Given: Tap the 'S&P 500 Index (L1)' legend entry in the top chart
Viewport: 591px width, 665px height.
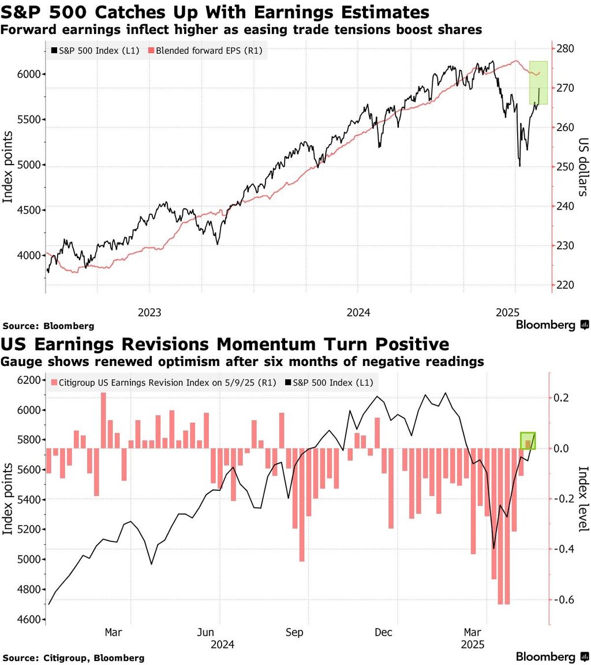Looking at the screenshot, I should pos(93,51).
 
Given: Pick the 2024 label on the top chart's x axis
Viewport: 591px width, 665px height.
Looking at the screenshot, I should pos(358,312).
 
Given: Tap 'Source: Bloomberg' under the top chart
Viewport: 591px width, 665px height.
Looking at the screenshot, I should pos(48,326).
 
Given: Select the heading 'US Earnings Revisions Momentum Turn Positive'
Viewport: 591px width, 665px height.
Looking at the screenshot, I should pos(226,345).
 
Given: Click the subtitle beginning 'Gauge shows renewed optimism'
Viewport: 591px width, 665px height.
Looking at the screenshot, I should pos(243,362).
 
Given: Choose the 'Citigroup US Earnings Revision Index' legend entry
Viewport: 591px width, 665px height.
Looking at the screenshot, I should pos(163,383).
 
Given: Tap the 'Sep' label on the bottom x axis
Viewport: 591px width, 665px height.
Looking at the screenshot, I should pos(294,632).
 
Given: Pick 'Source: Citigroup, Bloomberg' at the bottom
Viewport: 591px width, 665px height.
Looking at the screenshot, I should pos(73,657).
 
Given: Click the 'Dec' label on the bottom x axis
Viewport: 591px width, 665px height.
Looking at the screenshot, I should pos(384,632).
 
